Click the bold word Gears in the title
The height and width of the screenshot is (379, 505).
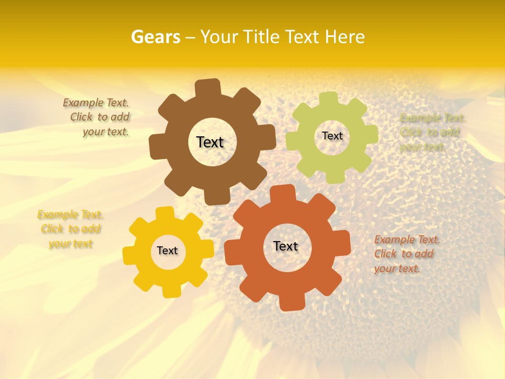pos(155,37)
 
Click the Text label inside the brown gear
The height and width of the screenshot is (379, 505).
pos(210,142)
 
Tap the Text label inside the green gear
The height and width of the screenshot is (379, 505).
pos(332,136)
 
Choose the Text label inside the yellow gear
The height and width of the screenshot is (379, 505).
pos(167,251)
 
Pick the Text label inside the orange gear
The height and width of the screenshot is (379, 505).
pos(286,246)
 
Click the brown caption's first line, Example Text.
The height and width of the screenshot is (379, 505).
pos(96,103)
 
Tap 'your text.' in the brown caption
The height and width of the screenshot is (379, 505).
pos(105,132)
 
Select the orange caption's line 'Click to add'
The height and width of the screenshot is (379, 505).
pos(404,254)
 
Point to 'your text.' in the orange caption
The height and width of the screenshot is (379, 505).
pos(397,268)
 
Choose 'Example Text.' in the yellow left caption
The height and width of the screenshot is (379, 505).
pos(70,214)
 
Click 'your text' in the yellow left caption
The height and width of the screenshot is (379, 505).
pos(70,244)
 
